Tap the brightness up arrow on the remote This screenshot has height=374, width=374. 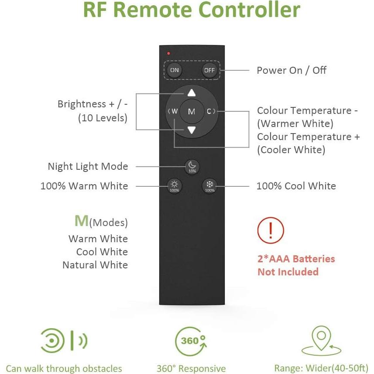point(191,93)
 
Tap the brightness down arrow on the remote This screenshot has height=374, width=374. point(191,130)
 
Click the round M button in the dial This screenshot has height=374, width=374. point(191,112)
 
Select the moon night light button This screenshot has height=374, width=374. point(192,166)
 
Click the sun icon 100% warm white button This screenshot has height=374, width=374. point(174,185)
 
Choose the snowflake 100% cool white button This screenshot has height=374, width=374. point(209,185)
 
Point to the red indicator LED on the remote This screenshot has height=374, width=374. point(168,53)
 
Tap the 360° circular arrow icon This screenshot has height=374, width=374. point(191,341)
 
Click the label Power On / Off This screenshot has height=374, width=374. point(291,70)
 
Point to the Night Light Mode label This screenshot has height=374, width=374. point(88,166)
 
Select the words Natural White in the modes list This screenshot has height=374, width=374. point(95,265)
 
